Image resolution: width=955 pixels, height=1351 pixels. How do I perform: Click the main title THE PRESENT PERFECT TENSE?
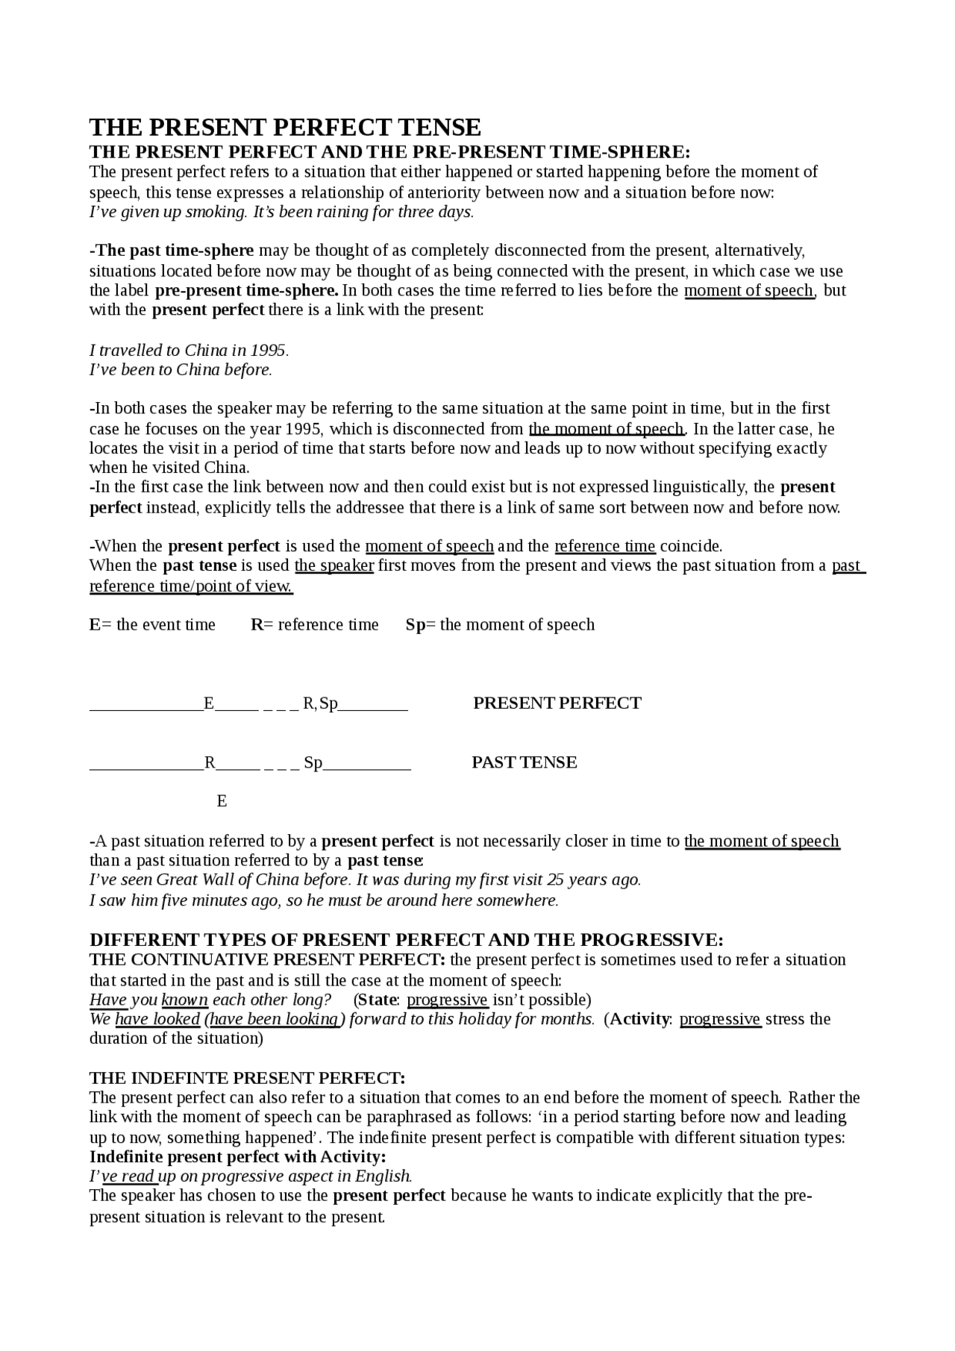tap(285, 126)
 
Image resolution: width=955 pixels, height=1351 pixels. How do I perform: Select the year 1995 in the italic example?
tap(268, 351)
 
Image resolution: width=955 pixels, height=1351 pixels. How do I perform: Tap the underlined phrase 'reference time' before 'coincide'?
tap(604, 546)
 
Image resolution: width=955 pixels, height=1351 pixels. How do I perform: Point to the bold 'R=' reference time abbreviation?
tap(262, 625)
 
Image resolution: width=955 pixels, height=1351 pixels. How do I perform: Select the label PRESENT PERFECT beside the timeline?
tap(557, 703)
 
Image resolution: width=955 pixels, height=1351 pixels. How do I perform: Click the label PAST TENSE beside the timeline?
tap(524, 762)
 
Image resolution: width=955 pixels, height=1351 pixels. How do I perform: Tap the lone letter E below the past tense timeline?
tap(222, 801)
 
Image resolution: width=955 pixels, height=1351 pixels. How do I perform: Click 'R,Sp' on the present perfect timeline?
tap(320, 703)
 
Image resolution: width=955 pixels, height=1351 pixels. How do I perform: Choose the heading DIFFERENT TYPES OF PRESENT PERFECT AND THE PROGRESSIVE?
tap(406, 940)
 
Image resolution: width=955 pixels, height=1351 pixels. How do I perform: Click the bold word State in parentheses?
tap(378, 1000)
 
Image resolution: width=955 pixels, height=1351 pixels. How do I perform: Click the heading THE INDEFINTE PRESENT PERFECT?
tap(247, 1078)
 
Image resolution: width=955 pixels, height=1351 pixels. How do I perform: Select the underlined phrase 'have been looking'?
tap(275, 1019)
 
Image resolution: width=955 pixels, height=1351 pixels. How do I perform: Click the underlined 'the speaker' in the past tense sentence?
tap(334, 565)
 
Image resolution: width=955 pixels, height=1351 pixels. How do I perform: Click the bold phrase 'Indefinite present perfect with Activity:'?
tap(237, 1157)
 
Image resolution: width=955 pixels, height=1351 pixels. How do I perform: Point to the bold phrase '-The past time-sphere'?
tap(172, 251)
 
